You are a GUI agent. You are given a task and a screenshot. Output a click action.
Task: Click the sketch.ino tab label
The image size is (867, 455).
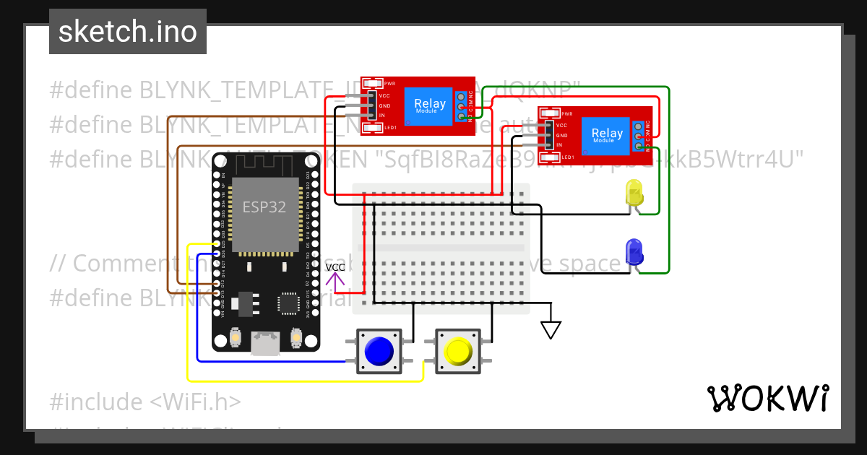(128, 32)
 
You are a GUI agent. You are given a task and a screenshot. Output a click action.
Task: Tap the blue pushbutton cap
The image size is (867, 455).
(379, 352)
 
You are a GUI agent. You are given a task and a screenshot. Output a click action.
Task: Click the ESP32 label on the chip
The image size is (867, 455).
(264, 207)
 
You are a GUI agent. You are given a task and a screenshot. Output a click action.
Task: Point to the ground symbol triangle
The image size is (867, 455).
(551, 330)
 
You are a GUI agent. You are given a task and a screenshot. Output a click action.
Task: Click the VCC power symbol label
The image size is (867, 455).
(335, 268)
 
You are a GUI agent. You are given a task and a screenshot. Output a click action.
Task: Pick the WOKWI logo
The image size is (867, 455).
(767, 398)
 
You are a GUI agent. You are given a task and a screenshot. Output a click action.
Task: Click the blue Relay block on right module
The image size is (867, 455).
(606, 134)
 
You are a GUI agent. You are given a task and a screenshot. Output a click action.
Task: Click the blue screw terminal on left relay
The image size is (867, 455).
(461, 106)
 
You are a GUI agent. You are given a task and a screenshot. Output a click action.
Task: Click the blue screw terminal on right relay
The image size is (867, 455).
(639, 135)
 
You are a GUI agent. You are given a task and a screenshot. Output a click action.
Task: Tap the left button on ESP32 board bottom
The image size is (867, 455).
(235, 337)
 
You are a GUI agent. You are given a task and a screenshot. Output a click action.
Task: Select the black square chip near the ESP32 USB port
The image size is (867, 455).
(289, 303)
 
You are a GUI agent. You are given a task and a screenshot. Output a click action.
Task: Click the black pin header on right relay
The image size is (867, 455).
(548, 135)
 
